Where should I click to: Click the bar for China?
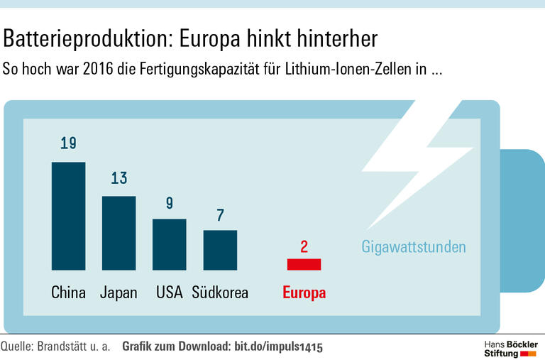click(68, 216)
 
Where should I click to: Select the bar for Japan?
click(119, 233)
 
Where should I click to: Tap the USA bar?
click(170, 244)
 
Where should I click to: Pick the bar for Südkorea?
click(220, 250)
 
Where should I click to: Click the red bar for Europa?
click(304, 264)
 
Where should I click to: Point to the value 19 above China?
click(68, 144)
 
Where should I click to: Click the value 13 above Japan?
click(119, 178)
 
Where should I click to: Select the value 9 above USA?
click(170, 203)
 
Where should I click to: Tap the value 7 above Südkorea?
click(220, 215)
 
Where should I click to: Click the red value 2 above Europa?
click(304, 247)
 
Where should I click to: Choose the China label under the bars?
click(68, 293)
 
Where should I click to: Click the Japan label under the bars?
click(119, 293)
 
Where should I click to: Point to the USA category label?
click(170, 293)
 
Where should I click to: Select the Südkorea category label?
click(220, 293)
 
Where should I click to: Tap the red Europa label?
click(304, 293)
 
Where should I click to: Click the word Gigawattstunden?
click(414, 247)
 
